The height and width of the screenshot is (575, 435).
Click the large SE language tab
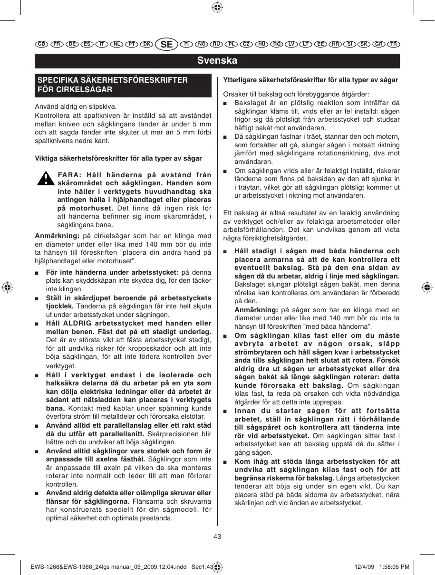(166, 44)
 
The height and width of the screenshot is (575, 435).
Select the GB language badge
(41, 44)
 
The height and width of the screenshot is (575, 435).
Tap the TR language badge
(393, 44)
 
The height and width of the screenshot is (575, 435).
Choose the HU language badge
(261, 44)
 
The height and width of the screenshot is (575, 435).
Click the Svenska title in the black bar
(217, 61)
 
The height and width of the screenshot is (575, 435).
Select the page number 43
(217, 537)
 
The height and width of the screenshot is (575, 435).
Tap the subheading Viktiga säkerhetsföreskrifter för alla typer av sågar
(118, 158)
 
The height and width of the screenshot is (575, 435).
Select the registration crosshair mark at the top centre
(217, 7)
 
